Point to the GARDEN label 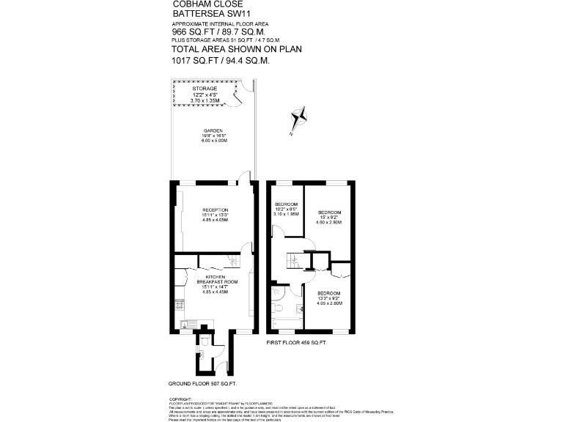point(213,130)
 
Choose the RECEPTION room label point(216,210)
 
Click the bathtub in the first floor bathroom point(286,322)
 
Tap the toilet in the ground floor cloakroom point(205,341)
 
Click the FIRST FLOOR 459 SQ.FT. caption point(296,343)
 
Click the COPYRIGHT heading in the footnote point(180,398)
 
